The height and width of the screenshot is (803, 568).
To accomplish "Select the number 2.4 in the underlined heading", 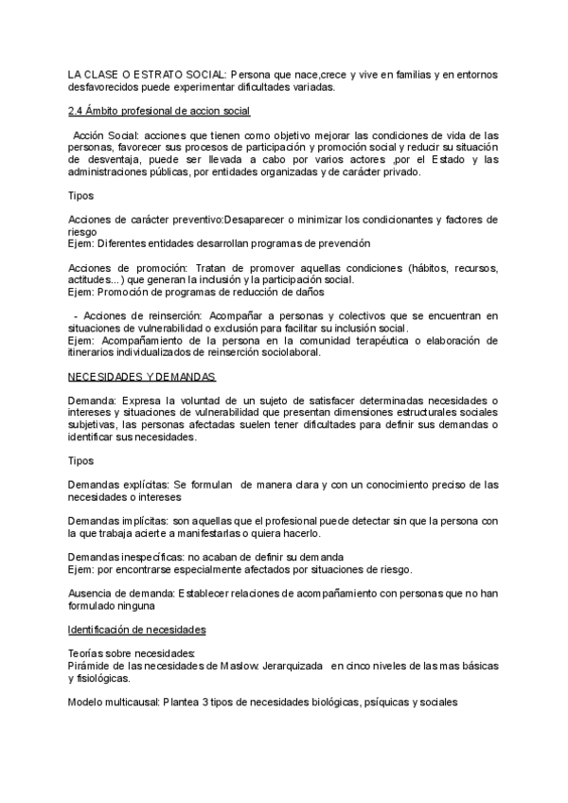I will pos(75,111).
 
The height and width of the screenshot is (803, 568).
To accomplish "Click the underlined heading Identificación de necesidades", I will pos(138,630).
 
